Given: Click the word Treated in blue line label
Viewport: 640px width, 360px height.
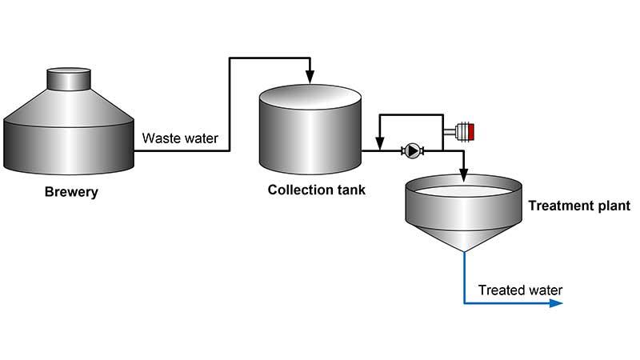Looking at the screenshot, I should (502, 290).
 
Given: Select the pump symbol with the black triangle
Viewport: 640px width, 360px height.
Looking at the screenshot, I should (412, 150).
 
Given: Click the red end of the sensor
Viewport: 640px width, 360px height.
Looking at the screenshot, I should (472, 132).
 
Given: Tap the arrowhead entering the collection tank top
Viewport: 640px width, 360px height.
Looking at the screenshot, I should (310, 78).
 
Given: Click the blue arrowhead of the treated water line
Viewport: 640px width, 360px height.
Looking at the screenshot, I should (557, 304).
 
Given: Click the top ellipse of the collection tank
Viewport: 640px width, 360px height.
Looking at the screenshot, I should (310, 99).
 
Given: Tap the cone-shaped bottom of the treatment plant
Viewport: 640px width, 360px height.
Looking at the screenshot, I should (462, 236).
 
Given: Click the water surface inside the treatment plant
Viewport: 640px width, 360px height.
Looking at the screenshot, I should (462, 192).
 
